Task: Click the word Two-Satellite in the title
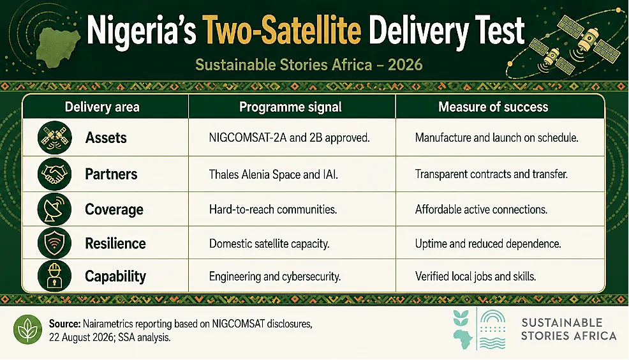(281, 30)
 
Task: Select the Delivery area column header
(102, 107)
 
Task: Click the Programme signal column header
(290, 107)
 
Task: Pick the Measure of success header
(493, 107)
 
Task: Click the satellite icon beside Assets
(55, 138)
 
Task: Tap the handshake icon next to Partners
(55, 174)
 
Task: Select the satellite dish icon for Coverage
(55, 209)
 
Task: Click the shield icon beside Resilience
(55, 243)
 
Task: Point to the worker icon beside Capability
(55, 276)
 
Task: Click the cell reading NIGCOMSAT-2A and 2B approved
(289, 138)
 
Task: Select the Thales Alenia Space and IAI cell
(273, 175)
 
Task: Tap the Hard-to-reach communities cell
(273, 209)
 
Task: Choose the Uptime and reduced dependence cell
(488, 244)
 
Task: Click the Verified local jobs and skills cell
(475, 276)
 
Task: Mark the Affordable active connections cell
(481, 209)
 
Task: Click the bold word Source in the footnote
(64, 324)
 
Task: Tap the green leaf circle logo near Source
(27, 329)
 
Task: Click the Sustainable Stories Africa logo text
(568, 329)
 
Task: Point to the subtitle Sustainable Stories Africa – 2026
(309, 64)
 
